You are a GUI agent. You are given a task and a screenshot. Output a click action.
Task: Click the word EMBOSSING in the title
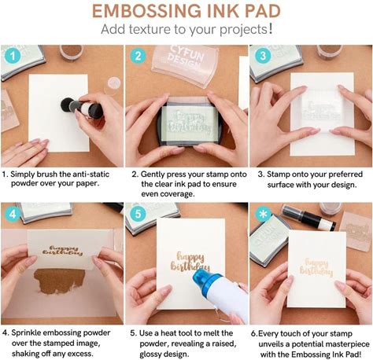pos(146,11)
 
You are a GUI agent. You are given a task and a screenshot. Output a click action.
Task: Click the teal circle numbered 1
pos(13,56)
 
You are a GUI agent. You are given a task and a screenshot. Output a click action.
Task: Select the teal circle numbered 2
pos(138,56)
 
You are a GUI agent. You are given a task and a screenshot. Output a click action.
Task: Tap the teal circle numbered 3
pos(263,56)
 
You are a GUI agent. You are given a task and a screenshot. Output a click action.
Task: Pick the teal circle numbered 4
pos(13,214)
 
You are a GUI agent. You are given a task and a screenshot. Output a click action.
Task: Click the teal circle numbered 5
pos(138,214)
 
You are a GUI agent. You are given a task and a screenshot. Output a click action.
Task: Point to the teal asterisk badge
pos(263,214)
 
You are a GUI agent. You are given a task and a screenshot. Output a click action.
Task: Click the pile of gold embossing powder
pos(58,281)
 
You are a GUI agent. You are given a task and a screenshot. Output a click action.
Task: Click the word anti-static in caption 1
pos(91,174)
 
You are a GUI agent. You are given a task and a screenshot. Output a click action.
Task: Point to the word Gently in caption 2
pos(153,174)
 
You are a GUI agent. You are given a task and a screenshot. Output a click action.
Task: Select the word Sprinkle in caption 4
pos(26,333)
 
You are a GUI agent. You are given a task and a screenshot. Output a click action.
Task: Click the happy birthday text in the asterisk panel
pos(316,267)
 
